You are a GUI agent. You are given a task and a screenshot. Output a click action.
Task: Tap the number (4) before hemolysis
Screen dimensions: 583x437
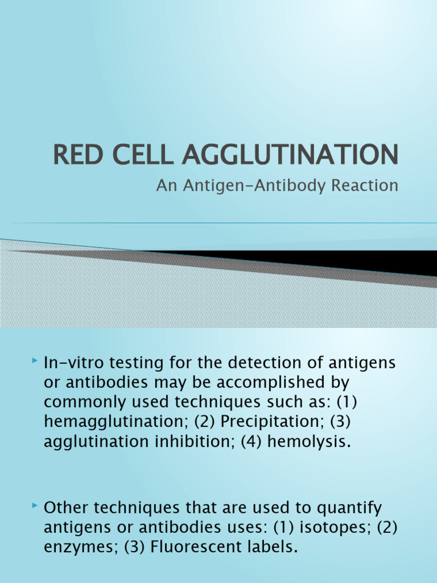coord(246,442)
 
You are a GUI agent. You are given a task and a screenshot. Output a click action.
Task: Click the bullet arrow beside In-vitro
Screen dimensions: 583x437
coord(35,361)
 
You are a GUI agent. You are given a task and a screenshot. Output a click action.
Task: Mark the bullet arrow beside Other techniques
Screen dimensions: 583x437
coord(35,507)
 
